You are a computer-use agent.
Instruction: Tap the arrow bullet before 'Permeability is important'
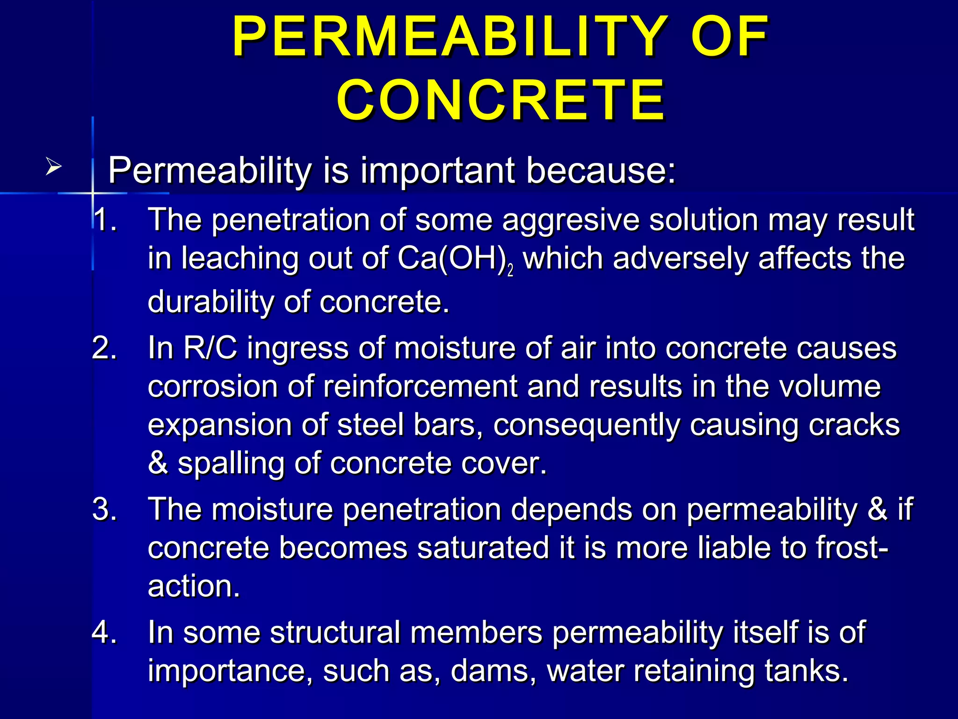click(53, 167)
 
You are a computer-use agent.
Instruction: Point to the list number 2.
click(104, 348)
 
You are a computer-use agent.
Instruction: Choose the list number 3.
click(104, 509)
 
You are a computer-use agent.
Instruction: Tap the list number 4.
click(104, 632)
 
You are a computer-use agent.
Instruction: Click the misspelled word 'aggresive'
click(570, 220)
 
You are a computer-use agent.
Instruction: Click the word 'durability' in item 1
click(210, 301)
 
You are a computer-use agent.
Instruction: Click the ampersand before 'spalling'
click(158, 463)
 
